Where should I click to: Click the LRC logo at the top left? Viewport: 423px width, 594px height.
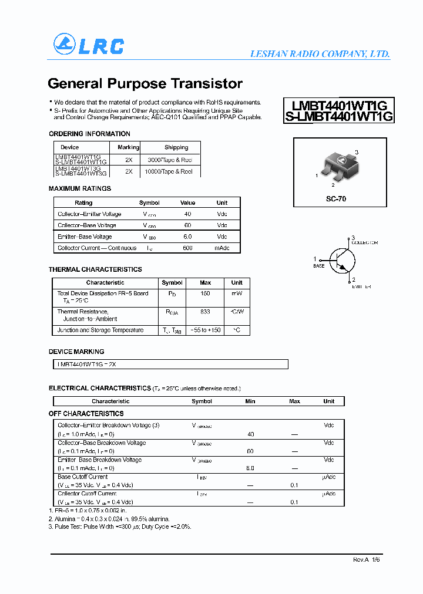point(89,45)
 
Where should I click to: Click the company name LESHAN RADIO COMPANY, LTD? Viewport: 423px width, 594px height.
point(320,54)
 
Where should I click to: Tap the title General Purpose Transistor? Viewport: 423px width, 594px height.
point(145,83)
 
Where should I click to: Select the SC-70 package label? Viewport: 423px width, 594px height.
point(336,199)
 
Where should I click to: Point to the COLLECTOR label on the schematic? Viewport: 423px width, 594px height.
point(364,242)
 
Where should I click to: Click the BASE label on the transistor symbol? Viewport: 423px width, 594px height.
point(318,266)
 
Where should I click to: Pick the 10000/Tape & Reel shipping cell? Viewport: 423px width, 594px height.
point(170,171)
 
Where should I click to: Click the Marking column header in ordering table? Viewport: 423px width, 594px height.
point(128,147)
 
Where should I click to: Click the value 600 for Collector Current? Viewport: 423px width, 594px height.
point(187,248)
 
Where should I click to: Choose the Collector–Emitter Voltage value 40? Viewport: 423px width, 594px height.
point(187,214)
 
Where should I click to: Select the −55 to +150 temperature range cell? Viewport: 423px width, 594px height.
point(205,330)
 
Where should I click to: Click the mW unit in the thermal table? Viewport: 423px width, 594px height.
point(236,293)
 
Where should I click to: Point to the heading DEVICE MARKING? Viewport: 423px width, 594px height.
point(76,352)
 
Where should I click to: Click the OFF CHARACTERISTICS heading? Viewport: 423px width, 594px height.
point(86,414)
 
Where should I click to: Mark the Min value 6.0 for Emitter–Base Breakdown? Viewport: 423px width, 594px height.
point(250,468)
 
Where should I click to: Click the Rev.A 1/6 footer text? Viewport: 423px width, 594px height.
point(366,561)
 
